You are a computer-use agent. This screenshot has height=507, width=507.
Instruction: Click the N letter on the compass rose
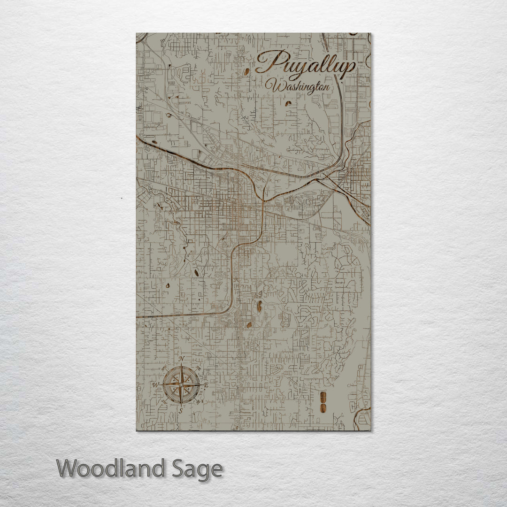[x=181, y=359]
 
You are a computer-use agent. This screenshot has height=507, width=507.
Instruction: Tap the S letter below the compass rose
[x=180, y=410]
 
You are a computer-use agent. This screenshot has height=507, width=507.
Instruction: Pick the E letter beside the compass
[x=206, y=385]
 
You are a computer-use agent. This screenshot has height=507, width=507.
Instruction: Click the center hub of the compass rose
[x=181, y=385]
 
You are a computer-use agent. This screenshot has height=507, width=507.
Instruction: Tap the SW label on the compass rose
[x=163, y=402]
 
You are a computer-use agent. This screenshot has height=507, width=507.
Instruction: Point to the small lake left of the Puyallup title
[x=247, y=72]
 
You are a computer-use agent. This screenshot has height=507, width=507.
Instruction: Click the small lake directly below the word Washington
[x=288, y=102]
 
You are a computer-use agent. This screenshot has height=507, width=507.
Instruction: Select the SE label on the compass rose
[x=198, y=402]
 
